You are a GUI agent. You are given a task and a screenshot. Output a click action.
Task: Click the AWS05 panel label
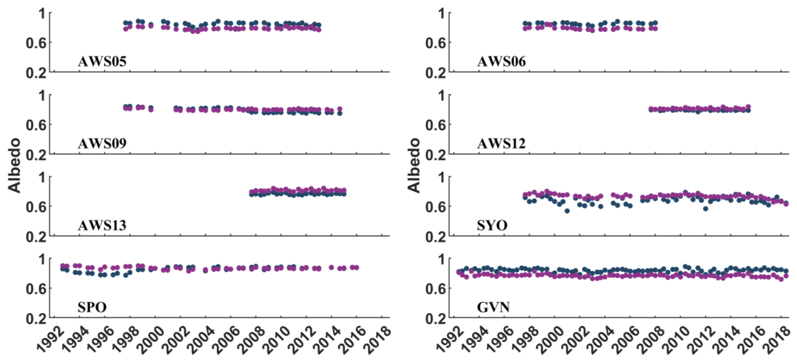(x=102, y=62)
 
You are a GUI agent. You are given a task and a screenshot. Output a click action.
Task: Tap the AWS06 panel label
(x=501, y=62)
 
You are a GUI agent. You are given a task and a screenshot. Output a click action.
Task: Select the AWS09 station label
(x=102, y=143)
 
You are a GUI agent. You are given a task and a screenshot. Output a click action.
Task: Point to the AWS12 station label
(x=501, y=143)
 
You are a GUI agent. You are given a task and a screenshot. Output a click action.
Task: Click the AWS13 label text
(x=102, y=225)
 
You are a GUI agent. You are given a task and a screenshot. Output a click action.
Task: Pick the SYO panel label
(x=492, y=225)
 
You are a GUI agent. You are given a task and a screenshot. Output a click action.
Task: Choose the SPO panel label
(x=92, y=307)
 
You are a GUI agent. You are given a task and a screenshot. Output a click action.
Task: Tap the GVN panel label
(x=493, y=307)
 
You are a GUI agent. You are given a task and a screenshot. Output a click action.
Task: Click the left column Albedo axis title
(x=14, y=166)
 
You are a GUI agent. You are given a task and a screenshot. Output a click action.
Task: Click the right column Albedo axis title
(x=413, y=166)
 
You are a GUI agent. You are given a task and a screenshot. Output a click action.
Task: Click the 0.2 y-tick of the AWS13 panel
(x=36, y=237)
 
